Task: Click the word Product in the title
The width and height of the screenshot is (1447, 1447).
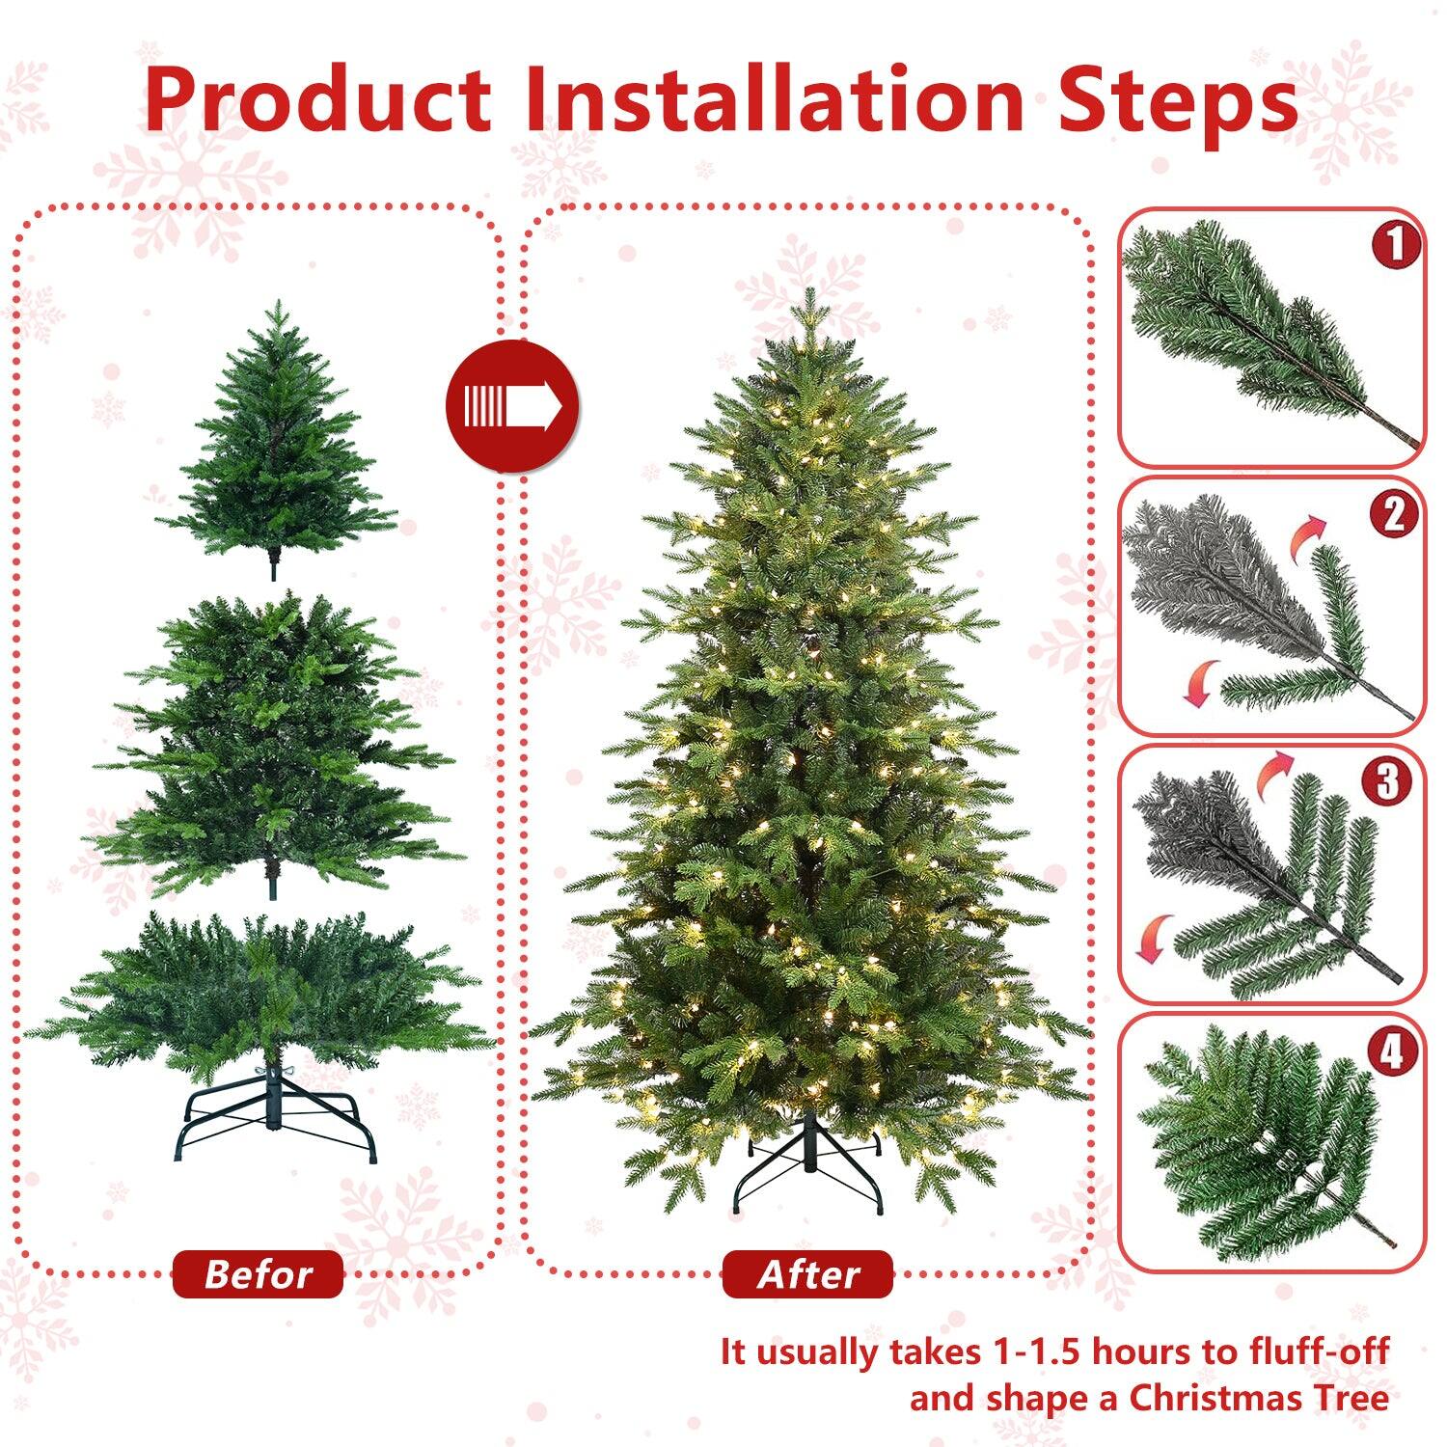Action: click(x=318, y=101)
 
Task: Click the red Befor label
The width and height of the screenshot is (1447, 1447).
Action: click(x=258, y=1274)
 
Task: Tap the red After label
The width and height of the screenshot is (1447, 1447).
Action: click(x=807, y=1274)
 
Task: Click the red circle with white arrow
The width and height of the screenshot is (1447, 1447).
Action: click(x=511, y=406)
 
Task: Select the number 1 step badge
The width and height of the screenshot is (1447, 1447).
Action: click(x=1395, y=245)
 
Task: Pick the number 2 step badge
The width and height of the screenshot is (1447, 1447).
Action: click(x=1394, y=514)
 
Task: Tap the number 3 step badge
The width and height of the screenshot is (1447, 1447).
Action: click(x=1386, y=782)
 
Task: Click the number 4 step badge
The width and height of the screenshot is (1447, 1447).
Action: click(x=1391, y=1051)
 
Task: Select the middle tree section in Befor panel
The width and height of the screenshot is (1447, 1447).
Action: click(x=275, y=743)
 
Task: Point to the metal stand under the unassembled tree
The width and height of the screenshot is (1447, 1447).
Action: click(x=275, y=1119)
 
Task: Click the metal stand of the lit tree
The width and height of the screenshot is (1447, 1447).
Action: click(x=808, y=1167)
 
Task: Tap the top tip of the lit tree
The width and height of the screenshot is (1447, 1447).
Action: click(x=808, y=304)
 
